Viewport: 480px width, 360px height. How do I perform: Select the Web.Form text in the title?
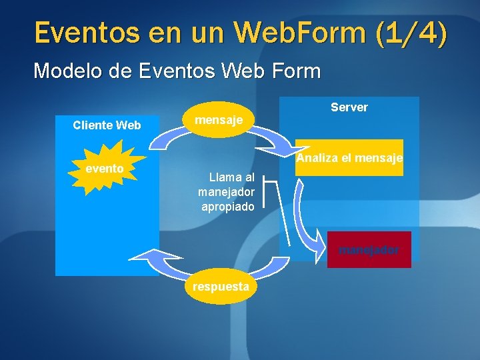[297, 33]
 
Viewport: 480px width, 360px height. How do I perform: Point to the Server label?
[349, 107]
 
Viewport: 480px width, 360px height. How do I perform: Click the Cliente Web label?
[107, 125]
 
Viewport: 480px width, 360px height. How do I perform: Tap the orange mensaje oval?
[218, 120]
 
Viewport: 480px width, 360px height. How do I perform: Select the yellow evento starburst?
[105, 169]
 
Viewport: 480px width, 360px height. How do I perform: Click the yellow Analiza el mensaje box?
[349, 158]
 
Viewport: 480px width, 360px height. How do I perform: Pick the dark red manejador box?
[369, 250]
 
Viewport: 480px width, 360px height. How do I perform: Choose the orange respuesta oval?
[221, 287]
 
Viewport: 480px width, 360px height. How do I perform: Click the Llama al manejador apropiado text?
[227, 192]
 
